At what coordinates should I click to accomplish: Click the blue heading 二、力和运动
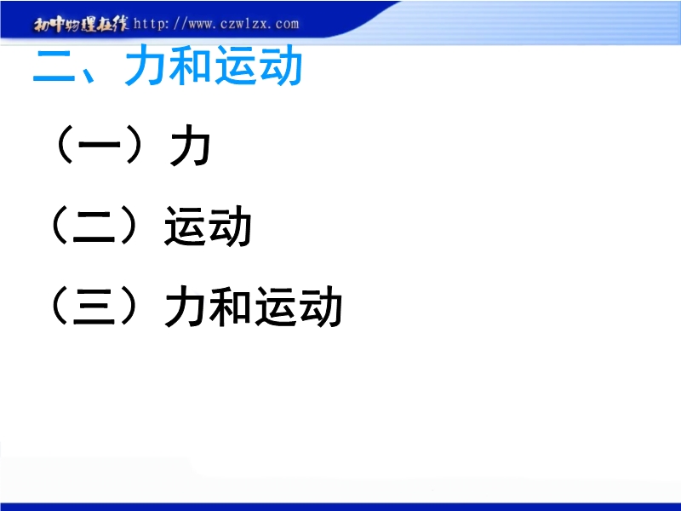tap(167, 66)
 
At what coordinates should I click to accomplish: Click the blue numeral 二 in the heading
tap(54, 66)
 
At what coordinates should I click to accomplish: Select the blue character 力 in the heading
tap(146, 66)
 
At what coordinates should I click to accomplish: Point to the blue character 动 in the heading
tap(281, 66)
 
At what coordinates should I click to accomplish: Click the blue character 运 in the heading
tap(236, 66)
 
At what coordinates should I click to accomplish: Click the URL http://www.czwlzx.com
tap(216, 24)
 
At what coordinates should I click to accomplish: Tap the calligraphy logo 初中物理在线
tap(81, 25)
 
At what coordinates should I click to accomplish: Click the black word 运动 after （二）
tap(208, 227)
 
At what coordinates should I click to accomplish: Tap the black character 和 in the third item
tap(231, 307)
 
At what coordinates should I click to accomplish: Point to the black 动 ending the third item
tap(321, 307)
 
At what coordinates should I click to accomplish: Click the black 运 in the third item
tap(276, 307)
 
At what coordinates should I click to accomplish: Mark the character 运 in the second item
tap(185, 227)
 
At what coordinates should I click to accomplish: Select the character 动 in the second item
tap(231, 227)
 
